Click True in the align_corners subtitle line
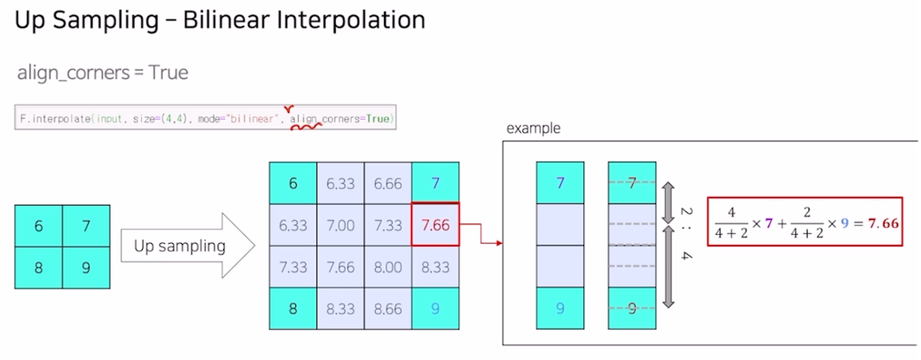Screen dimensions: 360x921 coord(168,73)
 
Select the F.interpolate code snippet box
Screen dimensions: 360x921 coord(205,118)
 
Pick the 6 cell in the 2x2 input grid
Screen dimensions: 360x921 coord(38,225)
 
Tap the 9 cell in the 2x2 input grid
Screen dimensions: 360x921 coord(86,267)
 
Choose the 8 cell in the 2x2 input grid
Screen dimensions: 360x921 coord(38,267)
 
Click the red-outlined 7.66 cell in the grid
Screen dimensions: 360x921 coord(435,225)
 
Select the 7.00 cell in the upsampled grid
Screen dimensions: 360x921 coord(340,225)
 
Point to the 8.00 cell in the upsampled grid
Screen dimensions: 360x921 coord(387,267)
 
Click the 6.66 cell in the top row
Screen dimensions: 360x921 coord(387,184)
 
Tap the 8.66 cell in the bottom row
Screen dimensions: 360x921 coord(387,309)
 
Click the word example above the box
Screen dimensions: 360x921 coord(533,129)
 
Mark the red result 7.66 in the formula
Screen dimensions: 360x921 coord(880,223)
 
